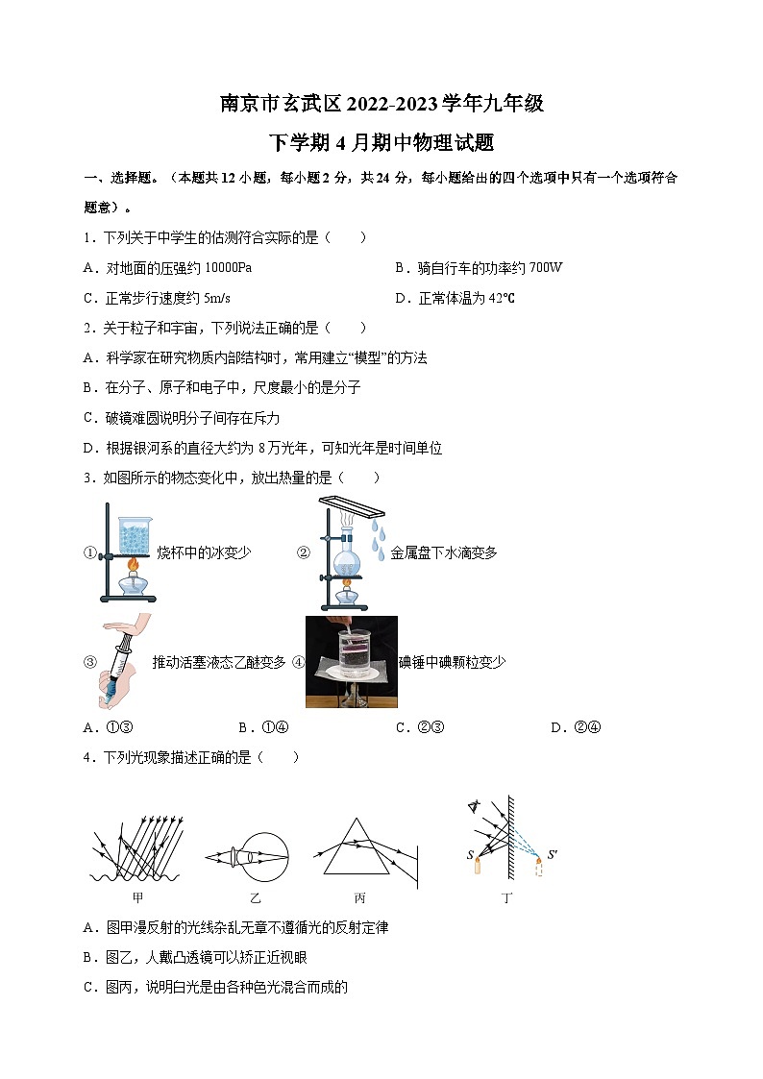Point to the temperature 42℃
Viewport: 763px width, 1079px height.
[502, 298]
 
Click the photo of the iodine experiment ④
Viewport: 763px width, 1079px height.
[351, 661]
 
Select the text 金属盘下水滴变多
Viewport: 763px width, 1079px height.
[444, 553]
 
